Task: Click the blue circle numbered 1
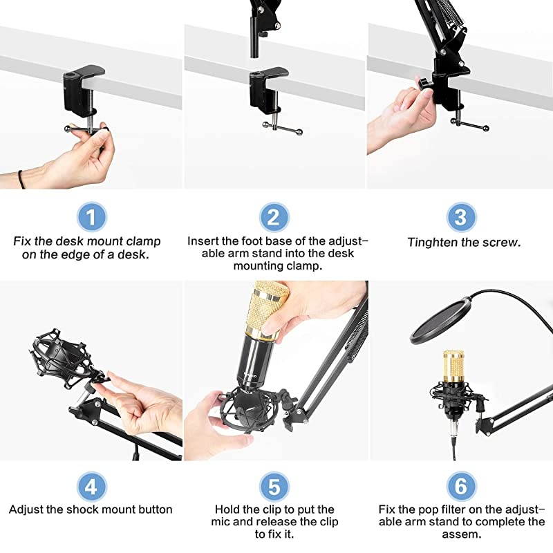tap(91, 218)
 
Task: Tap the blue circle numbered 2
tap(274, 218)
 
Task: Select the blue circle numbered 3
tap(460, 218)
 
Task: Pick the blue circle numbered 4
tap(91, 487)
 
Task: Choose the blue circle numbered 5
tap(274, 487)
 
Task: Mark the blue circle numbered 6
tap(460, 487)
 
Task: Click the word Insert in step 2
tap(203, 241)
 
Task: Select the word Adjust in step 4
tap(26, 509)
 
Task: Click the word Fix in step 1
tap(22, 241)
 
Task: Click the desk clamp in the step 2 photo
tap(266, 90)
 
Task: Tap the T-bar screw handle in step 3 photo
tap(470, 125)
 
